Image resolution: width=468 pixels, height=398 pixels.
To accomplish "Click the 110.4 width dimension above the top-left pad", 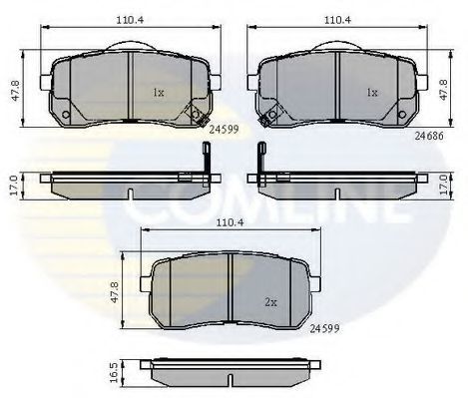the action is (130, 20).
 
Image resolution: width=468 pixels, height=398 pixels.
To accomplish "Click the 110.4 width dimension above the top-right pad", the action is (337, 20).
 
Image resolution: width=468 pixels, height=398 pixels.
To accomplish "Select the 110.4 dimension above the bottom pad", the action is (231, 222).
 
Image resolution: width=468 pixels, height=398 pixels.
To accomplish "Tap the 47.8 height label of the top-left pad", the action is (16, 91).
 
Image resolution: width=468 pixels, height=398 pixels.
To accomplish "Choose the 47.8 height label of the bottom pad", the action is (115, 292).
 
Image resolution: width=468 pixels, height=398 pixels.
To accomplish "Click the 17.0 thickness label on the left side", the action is (14, 187).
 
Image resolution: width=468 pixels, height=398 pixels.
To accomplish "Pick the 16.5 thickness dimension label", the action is (114, 373).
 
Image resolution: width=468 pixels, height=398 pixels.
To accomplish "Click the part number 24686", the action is (429, 136).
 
